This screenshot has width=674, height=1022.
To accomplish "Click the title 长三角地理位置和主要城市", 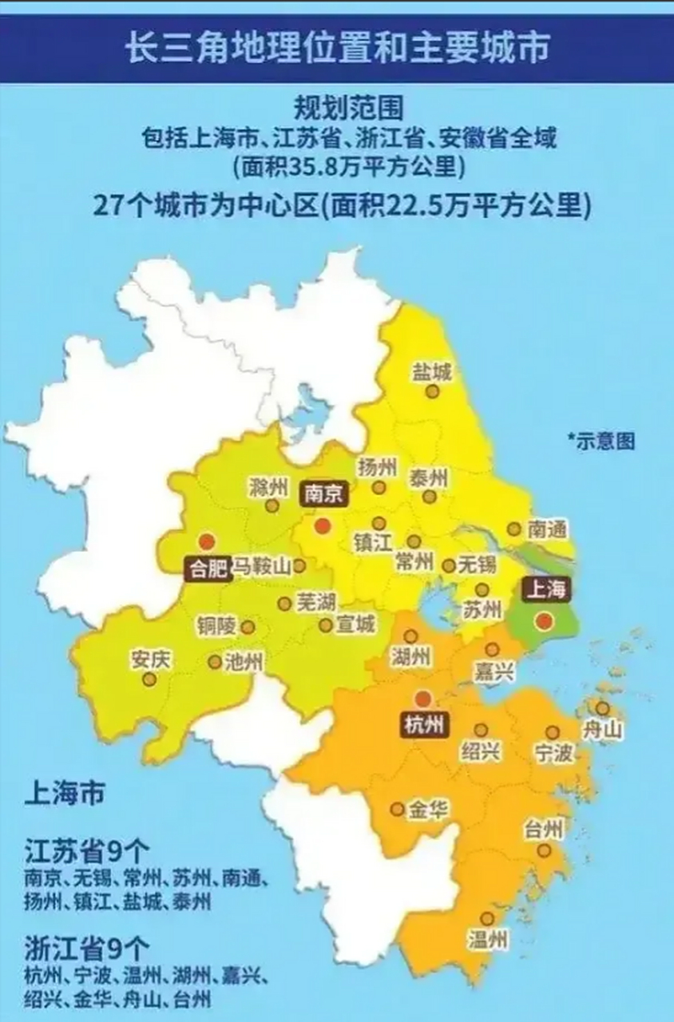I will [x=337, y=48].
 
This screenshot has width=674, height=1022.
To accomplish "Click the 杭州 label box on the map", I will [x=423, y=726].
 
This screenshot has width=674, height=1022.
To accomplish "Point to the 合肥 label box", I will [x=207, y=568].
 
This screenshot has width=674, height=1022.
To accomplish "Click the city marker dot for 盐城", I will [x=432, y=391].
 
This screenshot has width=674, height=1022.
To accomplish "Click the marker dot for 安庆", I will [x=149, y=679].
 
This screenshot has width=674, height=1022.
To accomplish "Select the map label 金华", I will [x=428, y=811].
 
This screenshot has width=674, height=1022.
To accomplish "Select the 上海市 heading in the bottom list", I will [x=65, y=797].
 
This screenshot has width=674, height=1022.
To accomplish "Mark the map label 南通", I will [x=548, y=529].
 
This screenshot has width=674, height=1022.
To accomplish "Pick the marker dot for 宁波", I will [x=553, y=732].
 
